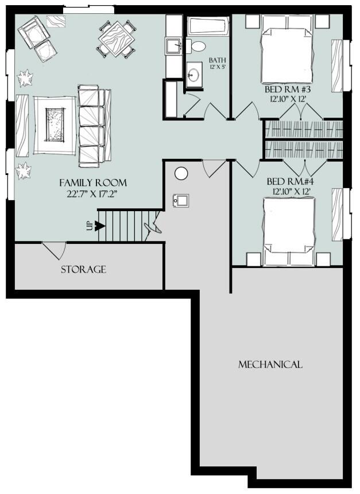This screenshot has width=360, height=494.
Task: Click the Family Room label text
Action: coord(93,182)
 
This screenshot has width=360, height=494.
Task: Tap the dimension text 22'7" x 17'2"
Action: coord(93,194)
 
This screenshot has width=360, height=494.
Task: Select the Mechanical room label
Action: coord(270,364)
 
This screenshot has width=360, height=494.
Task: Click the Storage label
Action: coord(83,269)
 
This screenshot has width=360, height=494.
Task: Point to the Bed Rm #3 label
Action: coord(288,90)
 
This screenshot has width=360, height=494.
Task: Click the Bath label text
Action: coord(217,60)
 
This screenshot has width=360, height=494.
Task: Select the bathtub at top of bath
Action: coord(208,26)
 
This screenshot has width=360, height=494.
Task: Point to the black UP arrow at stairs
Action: coord(99,225)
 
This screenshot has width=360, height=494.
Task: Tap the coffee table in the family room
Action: coord(55,125)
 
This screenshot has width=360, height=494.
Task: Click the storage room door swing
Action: coord(55,249)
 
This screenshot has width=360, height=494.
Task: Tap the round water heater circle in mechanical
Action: coord(181,173)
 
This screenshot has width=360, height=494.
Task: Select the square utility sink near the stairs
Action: coord(181,200)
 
